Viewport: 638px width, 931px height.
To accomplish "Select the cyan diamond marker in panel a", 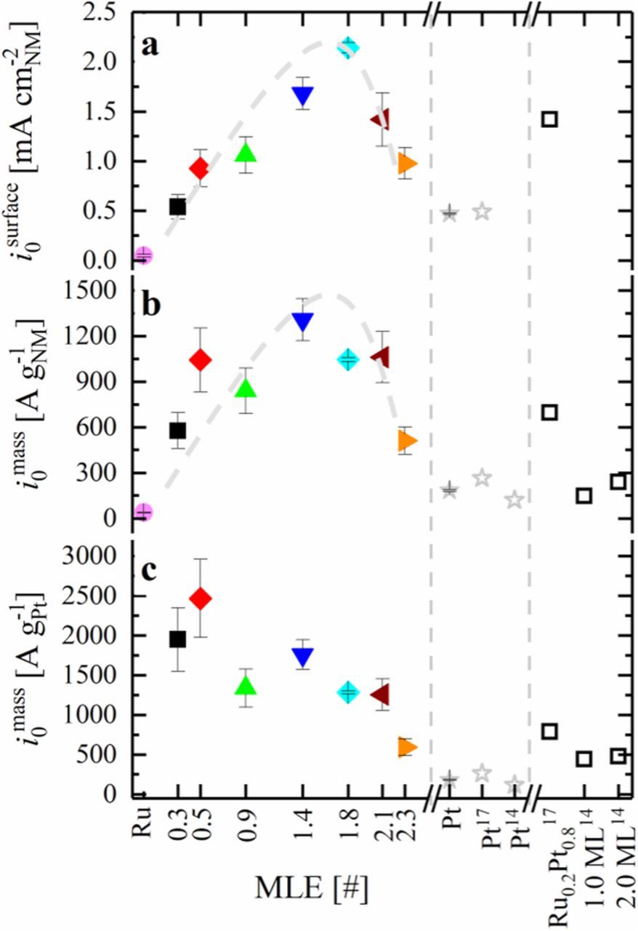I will [x=348, y=48].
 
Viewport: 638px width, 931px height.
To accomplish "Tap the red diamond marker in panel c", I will [x=201, y=599].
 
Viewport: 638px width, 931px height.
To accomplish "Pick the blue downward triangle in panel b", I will [x=302, y=321].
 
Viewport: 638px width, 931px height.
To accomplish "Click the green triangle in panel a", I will [x=246, y=153].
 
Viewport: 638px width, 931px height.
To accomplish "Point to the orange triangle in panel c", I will [x=408, y=747].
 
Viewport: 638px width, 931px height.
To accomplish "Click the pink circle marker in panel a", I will [x=143, y=255].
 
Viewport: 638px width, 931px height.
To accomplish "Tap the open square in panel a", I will [x=549, y=119].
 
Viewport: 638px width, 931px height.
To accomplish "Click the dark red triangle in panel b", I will [x=379, y=357].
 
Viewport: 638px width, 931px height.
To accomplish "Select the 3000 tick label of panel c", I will [x=93, y=556].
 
